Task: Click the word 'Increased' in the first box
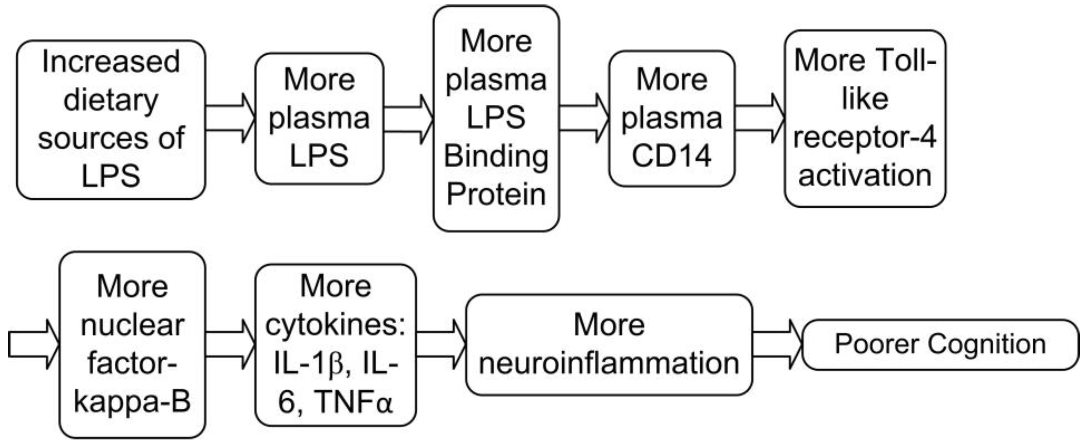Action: pos(111,62)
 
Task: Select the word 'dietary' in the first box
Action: pos(111,100)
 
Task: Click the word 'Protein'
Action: pos(496,194)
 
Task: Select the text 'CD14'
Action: pos(671,156)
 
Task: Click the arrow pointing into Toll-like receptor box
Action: pos(759,118)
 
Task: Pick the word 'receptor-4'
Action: pos(865,137)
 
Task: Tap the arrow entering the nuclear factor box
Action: pos(34,344)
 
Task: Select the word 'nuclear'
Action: pos(132,325)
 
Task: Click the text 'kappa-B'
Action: pos(132,401)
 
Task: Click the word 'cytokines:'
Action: pos(335,325)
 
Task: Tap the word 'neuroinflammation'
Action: pos(609,363)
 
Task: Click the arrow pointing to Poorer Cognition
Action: pos(778,344)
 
